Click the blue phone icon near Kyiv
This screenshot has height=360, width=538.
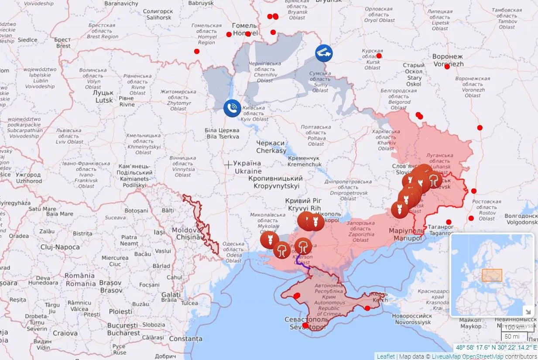point(232,108)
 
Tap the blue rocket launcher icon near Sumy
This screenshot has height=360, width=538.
point(324,53)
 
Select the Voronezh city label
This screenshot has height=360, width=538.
point(448,60)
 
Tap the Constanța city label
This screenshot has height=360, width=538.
point(185,339)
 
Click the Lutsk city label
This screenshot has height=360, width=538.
point(104,96)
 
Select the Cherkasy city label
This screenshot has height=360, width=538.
point(271,147)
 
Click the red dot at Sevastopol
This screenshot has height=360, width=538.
point(305,325)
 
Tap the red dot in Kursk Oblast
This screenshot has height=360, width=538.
point(379,56)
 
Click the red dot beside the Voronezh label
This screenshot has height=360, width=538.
point(447,66)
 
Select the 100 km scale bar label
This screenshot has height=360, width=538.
point(515,327)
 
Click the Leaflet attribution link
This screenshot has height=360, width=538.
point(385,356)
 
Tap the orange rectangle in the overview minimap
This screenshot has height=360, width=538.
point(492,275)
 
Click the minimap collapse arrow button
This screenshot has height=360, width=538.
point(528,311)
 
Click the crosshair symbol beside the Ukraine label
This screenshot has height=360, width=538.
point(228,165)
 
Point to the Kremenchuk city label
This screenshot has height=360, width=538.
point(305,161)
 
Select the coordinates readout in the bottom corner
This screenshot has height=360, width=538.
point(496,348)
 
